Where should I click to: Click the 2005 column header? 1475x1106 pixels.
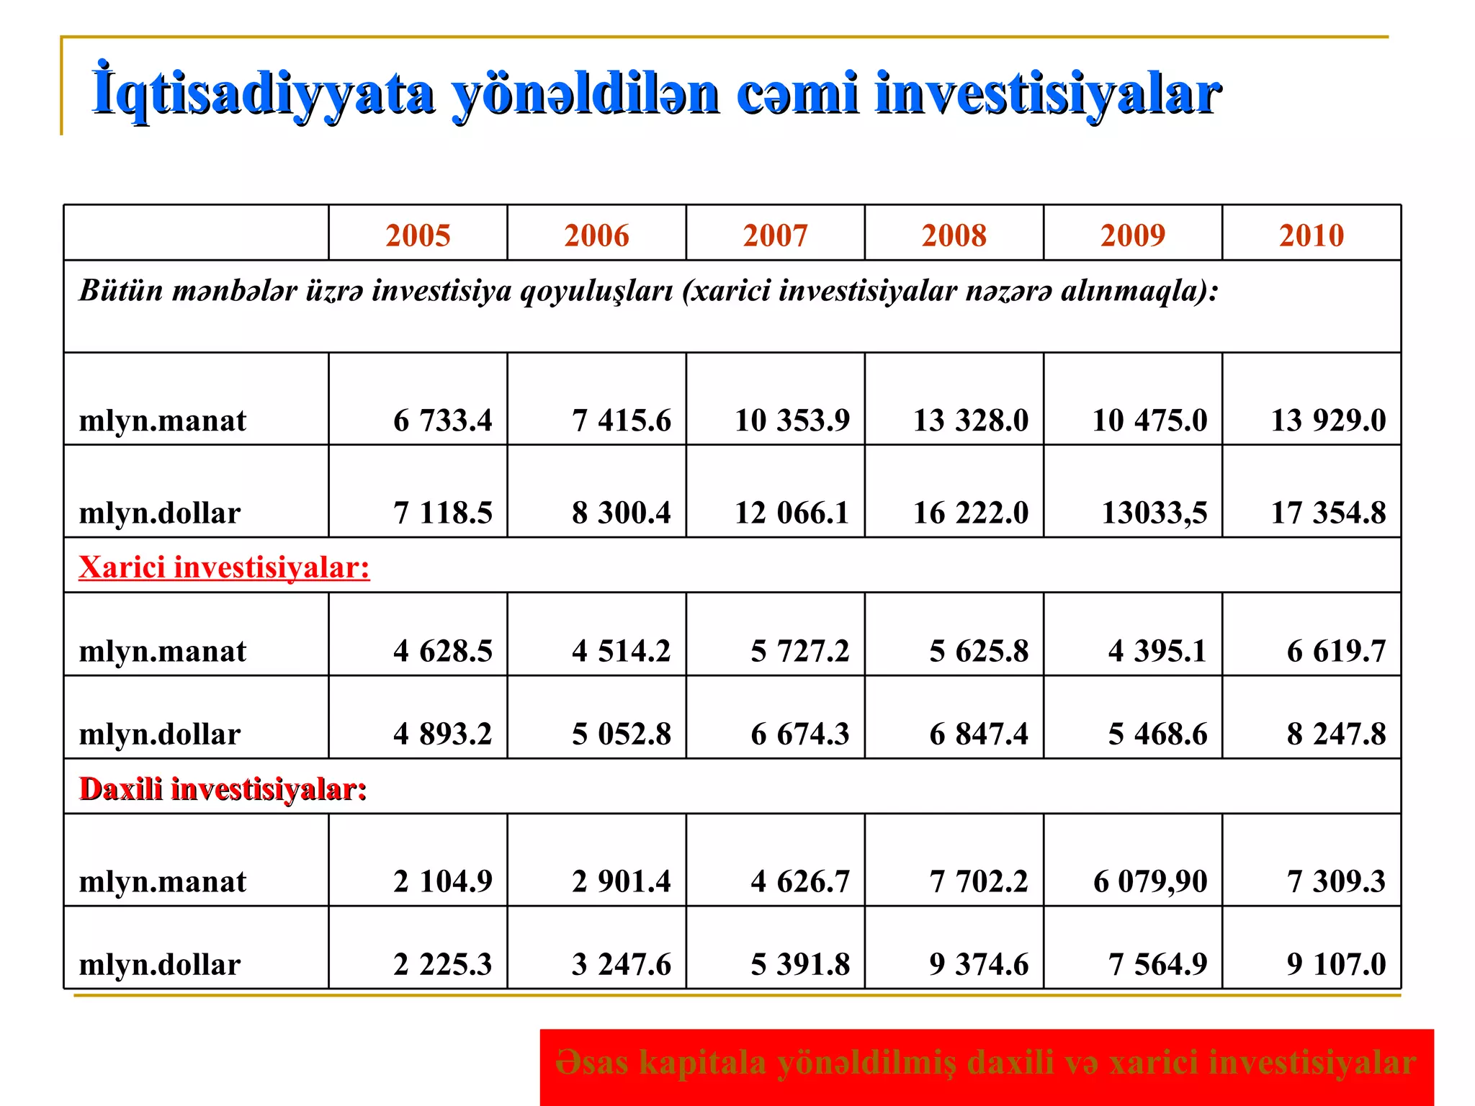coord(418,235)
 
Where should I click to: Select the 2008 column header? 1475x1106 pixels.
coord(954,235)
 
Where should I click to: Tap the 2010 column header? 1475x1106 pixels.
coord(1311,235)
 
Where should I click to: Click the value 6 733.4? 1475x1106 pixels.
coord(442,420)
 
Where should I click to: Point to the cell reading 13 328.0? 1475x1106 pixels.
coord(970,420)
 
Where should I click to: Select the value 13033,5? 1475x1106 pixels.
coord(1154,513)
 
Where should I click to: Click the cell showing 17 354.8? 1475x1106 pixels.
coord(1328,513)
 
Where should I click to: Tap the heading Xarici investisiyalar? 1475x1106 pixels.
coord(224,567)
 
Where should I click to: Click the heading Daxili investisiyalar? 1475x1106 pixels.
coord(223,789)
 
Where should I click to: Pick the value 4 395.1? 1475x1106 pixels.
coord(1157,651)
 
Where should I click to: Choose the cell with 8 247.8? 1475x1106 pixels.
coord(1336,734)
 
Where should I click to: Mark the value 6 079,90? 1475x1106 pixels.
coord(1149,881)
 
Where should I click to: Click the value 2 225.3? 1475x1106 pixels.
coord(442,964)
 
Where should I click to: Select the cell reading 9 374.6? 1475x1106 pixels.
coord(979,964)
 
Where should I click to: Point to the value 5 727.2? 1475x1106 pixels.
coord(799,651)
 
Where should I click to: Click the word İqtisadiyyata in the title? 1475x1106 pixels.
coord(264,94)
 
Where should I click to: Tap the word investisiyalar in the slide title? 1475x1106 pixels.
coord(1047,94)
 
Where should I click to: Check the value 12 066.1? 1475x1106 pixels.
coord(792,513)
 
